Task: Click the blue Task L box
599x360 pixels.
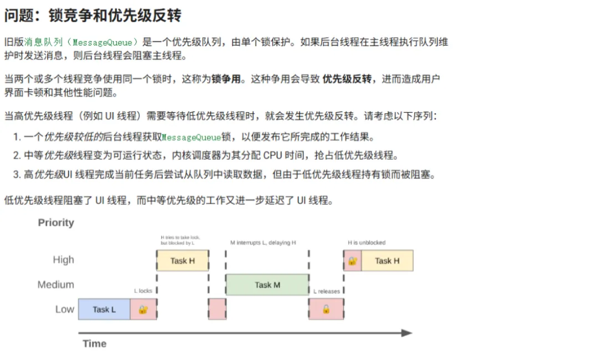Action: [x=104, y=310]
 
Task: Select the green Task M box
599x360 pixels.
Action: [x=267, y=285]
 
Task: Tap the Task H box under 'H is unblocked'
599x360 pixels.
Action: [x=387, y=260]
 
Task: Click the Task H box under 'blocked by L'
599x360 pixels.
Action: [x=182, y=260]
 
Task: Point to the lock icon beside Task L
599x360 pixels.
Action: [x=143, y=310]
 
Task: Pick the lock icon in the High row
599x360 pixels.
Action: [x=353, y=260]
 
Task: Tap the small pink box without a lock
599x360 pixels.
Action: [x=217, y=309]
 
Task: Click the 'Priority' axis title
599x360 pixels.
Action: [x=56, y=222]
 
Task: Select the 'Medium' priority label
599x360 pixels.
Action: [x=55, y=285]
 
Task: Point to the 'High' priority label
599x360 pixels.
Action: [x=63, y=260]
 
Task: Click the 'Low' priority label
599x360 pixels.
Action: [x=64, y=309]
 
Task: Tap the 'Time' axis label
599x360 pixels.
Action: [x=94, y=343]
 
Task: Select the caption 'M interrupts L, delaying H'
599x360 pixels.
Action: [x=263, y=242]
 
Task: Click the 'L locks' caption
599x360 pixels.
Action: [x=143, y=291]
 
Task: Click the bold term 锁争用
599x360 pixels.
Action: [x=226, y=79]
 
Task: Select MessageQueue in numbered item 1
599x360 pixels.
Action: [x=191, y=137]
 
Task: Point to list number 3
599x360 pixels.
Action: [x=17, y=175]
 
